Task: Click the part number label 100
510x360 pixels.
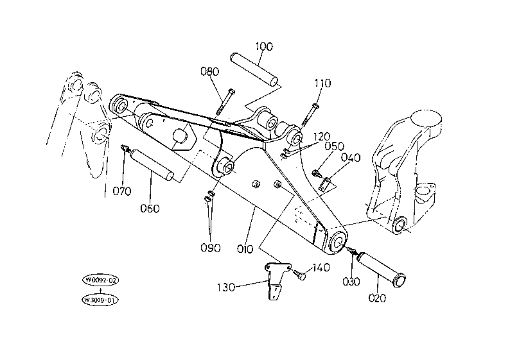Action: click(264, 46)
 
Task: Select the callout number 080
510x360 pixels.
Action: click(210, 71)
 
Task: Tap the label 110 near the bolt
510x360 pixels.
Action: click(322, 83)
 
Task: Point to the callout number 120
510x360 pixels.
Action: click(321, 137)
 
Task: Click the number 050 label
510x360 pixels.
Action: click(335, 146)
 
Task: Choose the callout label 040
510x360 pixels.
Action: click(351, 158)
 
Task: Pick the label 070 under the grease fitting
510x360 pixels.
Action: click(122, 191)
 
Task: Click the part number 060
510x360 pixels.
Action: click(150, 208)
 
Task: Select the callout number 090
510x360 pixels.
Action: click(211, 248)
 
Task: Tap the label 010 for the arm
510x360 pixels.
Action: click(245, 249)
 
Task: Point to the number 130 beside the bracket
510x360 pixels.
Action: click(225, 287)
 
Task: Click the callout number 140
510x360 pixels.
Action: click(321, 268)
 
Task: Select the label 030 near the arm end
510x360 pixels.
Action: click(351, 281)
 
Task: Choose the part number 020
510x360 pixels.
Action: click(377, 298)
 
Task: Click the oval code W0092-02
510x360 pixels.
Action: click(100, 280)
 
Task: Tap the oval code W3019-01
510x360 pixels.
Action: click(100, 300)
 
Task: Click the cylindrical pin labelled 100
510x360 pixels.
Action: click(254, 70)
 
